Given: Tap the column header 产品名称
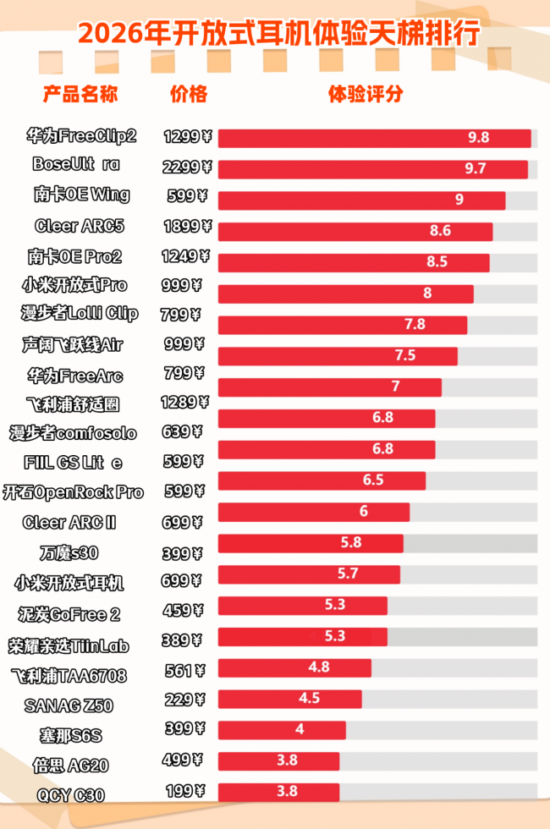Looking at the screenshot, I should [x=80, y=94].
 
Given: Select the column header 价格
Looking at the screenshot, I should [x=188, y=94].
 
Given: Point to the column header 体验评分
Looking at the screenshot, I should [x=366, y=94].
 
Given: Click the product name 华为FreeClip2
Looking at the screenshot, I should [x=81, y=135].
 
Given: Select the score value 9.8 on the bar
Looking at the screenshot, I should [x=478, y=138].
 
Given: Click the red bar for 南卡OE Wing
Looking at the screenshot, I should [x=361, y=200].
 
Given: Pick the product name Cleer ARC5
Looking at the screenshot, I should [x=80, y=226].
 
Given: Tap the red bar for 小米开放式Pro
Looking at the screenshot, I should [x=345, y=294].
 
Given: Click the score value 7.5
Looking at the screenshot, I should [x=405, y=355].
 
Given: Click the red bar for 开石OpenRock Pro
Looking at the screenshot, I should [x=322, y=480].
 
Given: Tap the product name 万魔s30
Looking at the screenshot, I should [x=69, y=554].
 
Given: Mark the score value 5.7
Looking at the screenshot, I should [x=347, y=574].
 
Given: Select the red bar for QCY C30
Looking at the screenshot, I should [x=278, y=792].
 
